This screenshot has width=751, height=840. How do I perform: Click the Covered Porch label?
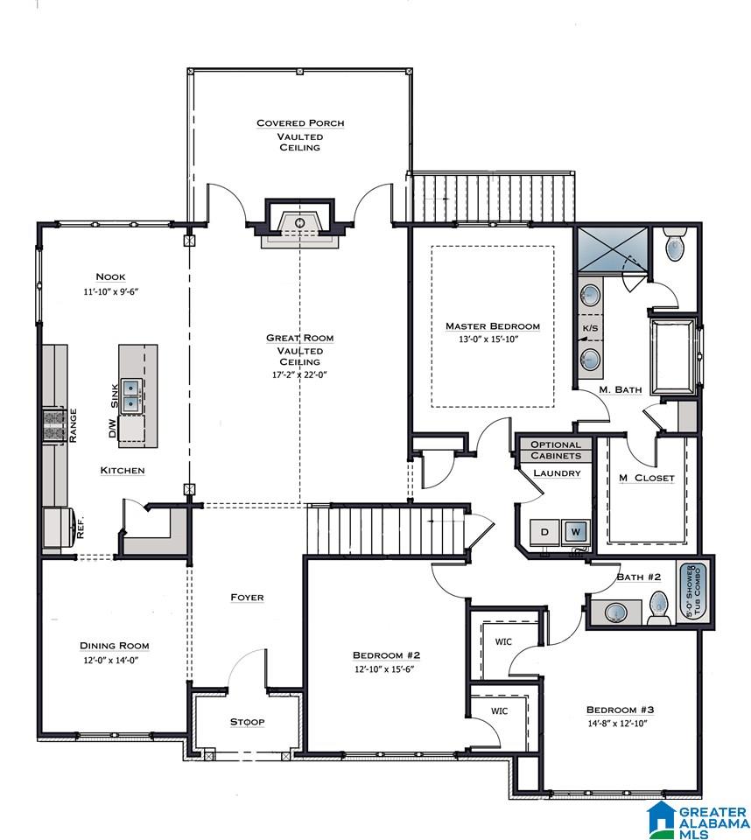coord(300,123)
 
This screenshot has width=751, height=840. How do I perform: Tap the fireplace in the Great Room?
coord(299,223)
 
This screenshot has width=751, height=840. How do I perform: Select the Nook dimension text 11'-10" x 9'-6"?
coord(111,292)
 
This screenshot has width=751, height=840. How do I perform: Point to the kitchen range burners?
coord(54,424)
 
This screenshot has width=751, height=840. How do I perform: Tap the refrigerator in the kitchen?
coord(59,528)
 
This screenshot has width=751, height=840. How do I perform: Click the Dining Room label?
coord(115,646)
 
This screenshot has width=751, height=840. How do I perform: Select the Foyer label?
coord(247,598)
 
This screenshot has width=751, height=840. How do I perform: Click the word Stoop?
coord(247,722)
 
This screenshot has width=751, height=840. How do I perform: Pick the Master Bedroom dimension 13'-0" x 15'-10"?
coord(488,339)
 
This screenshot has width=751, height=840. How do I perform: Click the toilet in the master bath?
coord(675,244)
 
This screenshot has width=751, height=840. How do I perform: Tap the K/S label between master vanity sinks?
coord(590,328)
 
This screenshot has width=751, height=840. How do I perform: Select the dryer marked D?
coord(544,532)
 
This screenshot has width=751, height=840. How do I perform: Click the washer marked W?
coord(576,532)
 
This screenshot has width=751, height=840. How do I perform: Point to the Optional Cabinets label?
coord(556,450)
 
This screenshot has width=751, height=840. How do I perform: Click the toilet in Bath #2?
coord(659,608)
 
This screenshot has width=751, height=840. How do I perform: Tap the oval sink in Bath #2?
coord(616,612)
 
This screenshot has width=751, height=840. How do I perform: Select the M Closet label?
coord(647,478)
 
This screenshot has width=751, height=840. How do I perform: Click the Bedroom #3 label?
coord(621,710)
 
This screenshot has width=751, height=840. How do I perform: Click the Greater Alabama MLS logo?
coord(698,820)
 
